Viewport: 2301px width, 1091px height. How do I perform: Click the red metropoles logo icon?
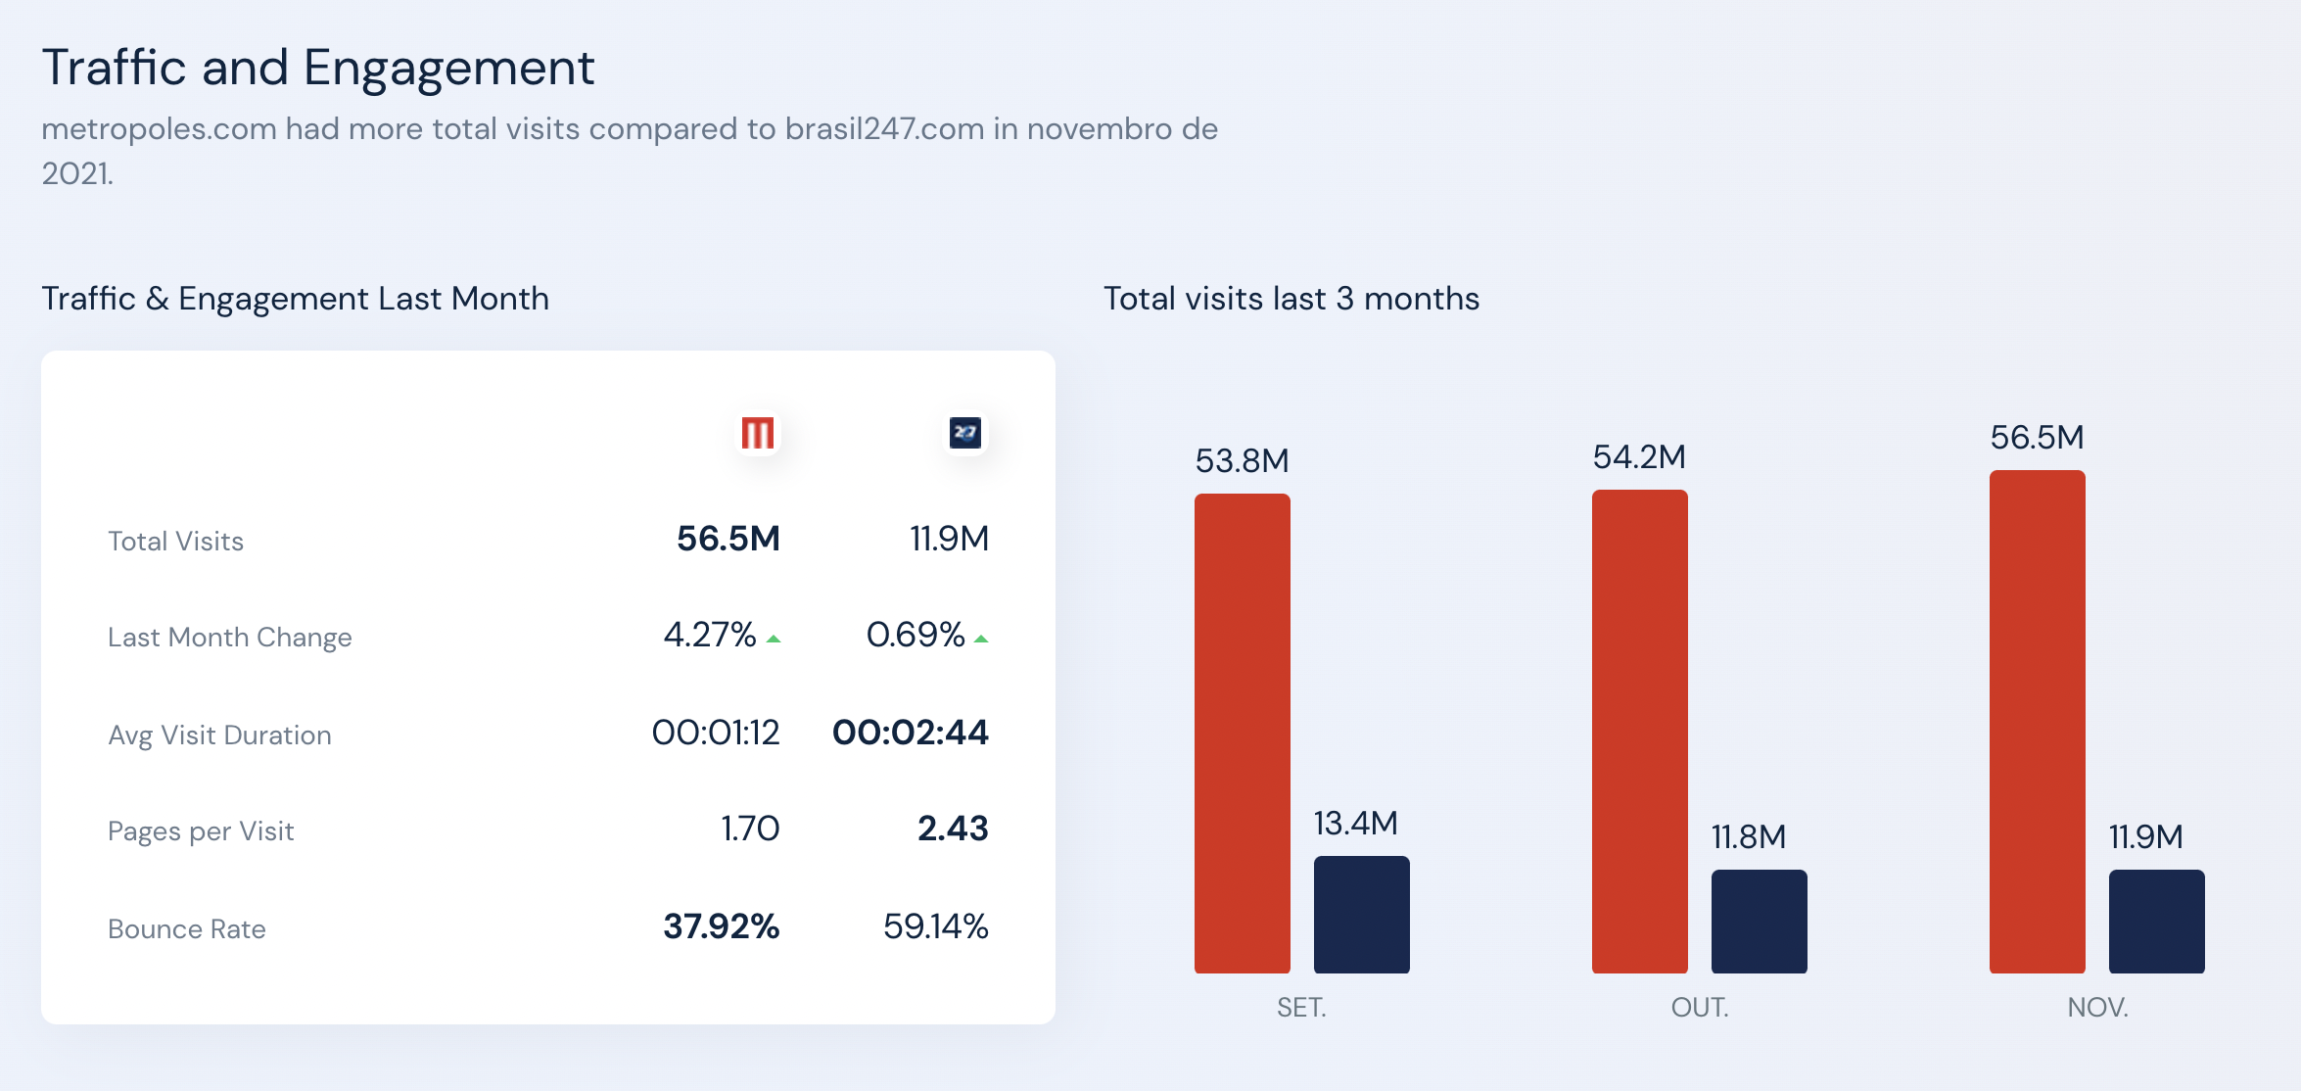(758, 433)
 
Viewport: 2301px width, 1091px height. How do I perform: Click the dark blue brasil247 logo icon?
(965, 433)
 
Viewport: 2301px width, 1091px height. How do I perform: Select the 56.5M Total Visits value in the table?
(728, 539)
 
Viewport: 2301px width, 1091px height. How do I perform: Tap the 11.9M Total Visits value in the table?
(949, 539)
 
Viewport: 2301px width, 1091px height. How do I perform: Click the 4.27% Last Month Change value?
(710, 635)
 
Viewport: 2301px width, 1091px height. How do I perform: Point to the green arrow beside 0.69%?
(981, 639)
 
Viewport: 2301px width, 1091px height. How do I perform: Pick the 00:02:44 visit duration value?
(910, 733)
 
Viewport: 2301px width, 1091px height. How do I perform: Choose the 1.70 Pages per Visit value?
(750, 829)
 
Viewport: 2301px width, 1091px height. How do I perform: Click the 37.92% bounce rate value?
(721, 926)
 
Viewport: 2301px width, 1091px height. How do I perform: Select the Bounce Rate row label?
(187, 928)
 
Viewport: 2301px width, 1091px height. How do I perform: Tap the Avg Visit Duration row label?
(219, 735)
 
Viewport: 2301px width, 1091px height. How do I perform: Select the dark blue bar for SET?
(1361, 915)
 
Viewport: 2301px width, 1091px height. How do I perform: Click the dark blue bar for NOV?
(2156, 922)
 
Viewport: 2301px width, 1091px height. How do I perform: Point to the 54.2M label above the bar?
(1639, 456)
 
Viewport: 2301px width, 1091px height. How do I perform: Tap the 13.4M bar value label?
(1355, 823)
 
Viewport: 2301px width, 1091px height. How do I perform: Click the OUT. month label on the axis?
(1700, 1007)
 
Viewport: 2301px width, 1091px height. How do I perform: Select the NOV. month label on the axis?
(2097, 1007)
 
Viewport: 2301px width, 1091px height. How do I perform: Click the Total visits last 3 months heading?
(1291, 299)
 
